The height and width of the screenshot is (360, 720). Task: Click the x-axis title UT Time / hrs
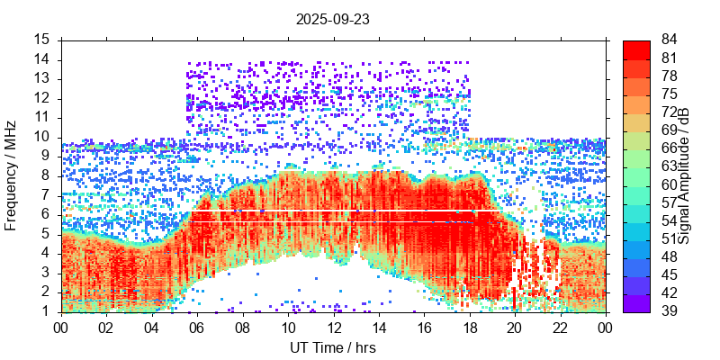point(333,347)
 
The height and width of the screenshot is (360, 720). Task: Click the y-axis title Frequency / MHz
point(12,175)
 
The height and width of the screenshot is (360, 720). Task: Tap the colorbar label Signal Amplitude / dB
point(685,175)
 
